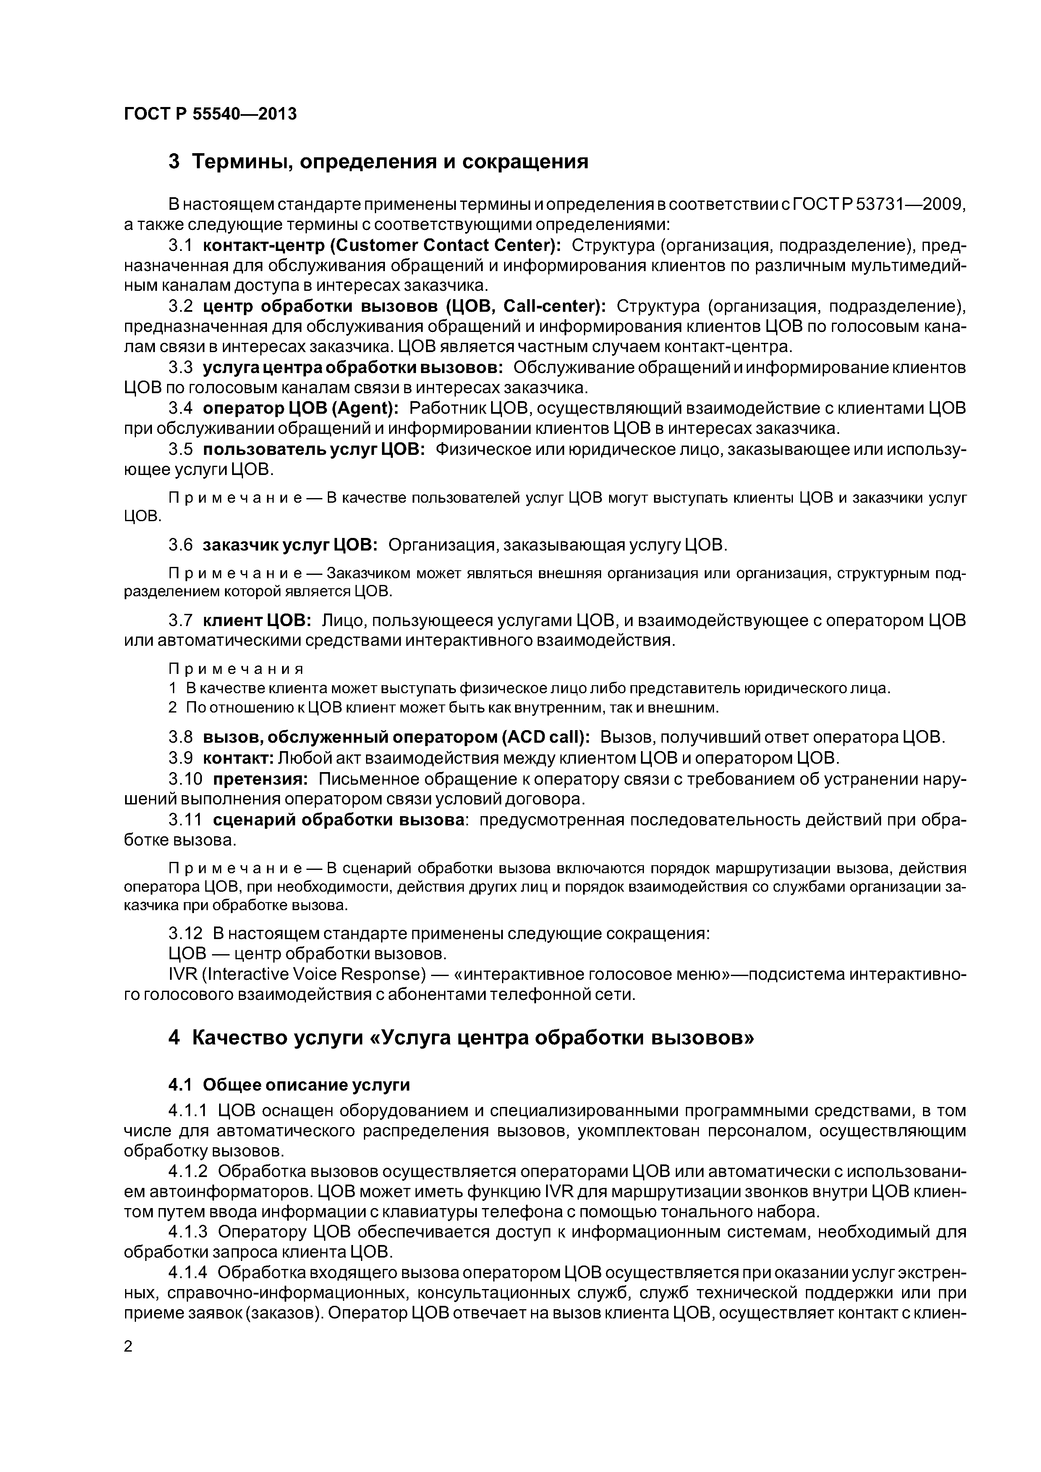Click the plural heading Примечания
[x=235, y=669]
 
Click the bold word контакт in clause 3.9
[x=238, y=758]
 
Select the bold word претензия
[x=260, y=779]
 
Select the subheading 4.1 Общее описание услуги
[x=289, y=1085]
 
